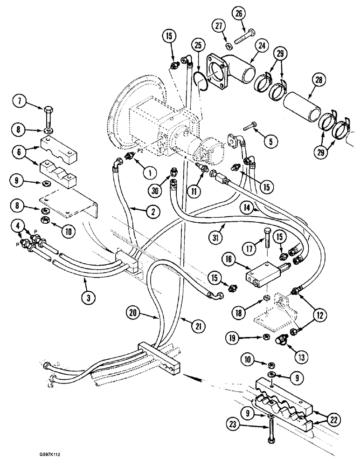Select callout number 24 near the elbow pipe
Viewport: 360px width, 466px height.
pyautogui.click(x=262, y=45)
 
